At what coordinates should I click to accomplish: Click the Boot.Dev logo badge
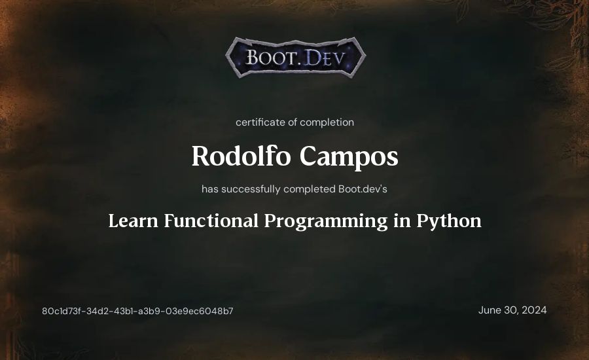[296, 57]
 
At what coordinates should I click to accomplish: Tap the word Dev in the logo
[324, 58]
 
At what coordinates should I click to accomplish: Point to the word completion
[327, 122]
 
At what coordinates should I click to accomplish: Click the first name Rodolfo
[241, 156]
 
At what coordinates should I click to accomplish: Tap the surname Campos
[349, 157]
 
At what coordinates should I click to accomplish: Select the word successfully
[251, 189]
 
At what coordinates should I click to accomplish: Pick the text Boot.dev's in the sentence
[363, 189]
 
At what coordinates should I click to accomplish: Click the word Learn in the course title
[133, 221]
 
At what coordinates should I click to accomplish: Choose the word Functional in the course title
[211, 221]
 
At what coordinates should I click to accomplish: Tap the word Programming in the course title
[326, 222]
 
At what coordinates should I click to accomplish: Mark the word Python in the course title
[449, 222]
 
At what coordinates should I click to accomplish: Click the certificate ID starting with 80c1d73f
[137, 311]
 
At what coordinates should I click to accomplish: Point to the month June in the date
[490, 310]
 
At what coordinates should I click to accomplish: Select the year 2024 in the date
[534, 310]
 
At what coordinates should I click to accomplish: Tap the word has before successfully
[210, 189]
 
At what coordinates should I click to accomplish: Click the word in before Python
[402, 221]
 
